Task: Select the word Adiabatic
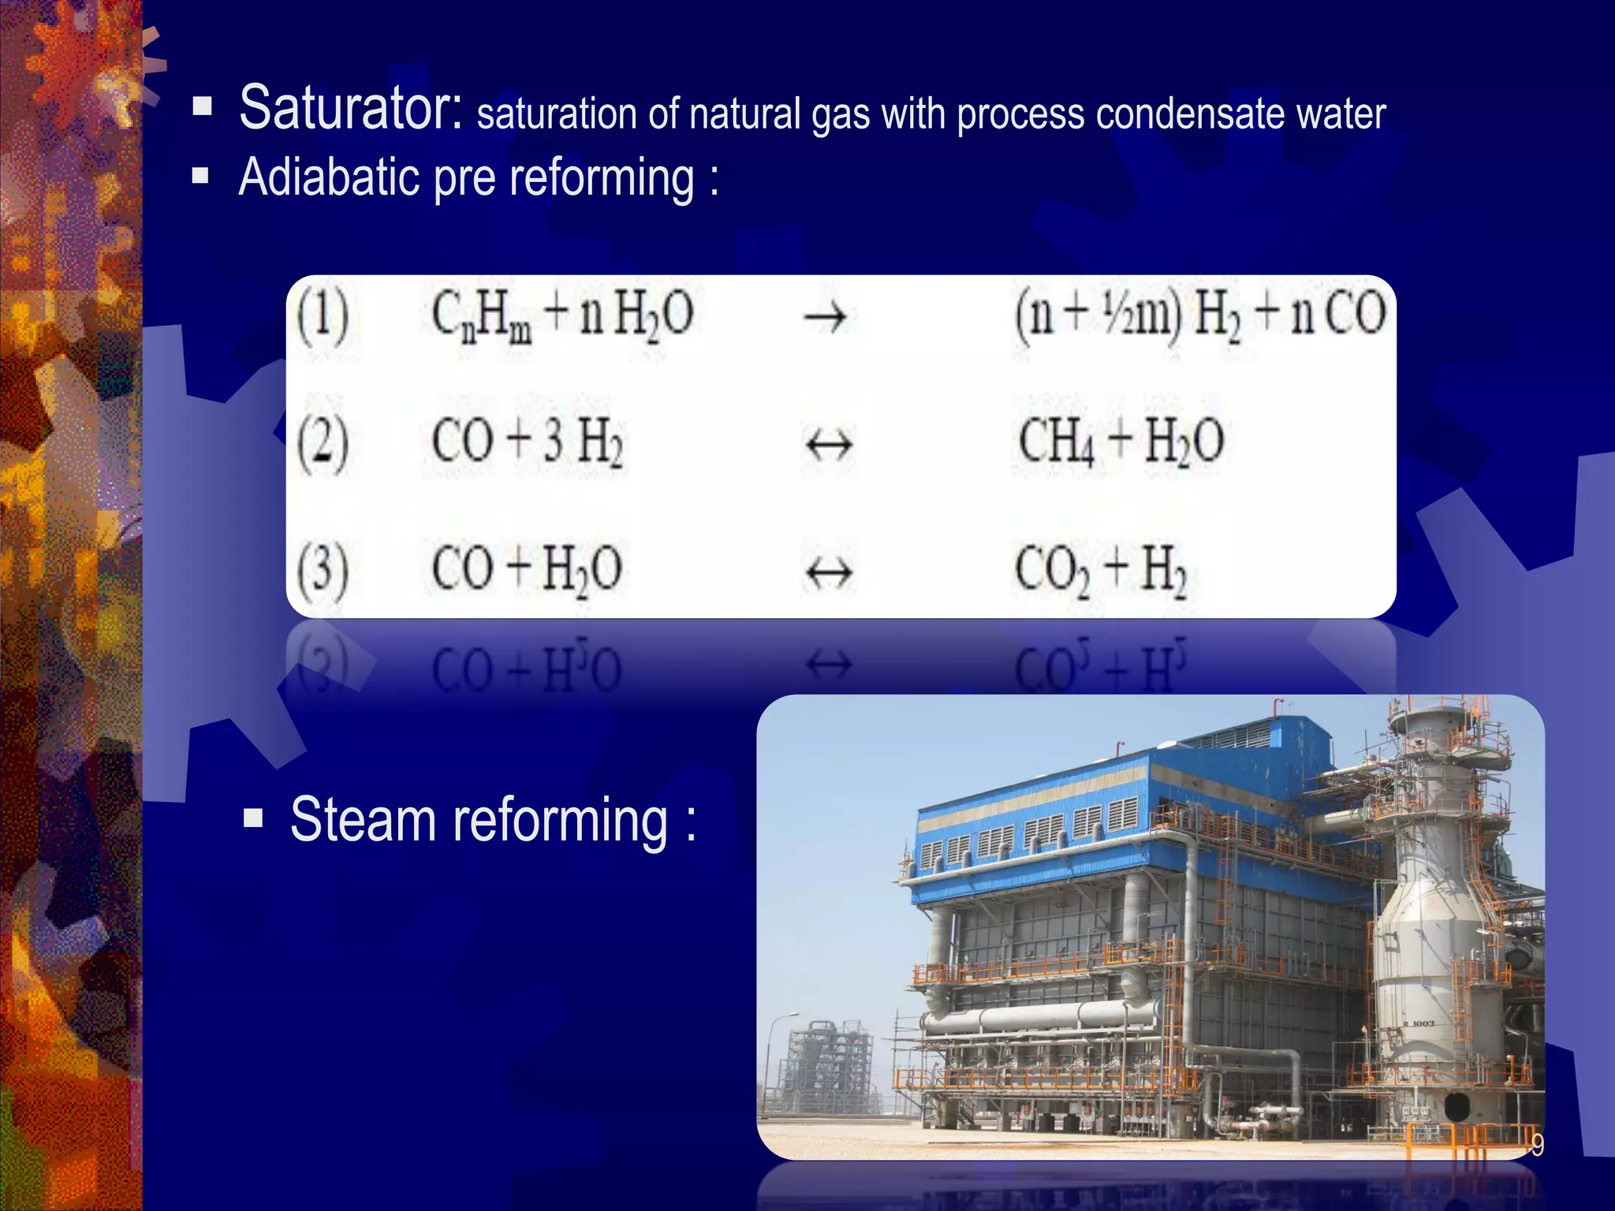pos(330,177)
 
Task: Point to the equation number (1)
pos(323,316)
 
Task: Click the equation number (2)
pos(323,444)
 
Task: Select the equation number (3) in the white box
pos(323,572)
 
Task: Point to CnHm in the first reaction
pos(481,316)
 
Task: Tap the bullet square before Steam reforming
pos(253,818)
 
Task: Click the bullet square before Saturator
pos(202,106)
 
